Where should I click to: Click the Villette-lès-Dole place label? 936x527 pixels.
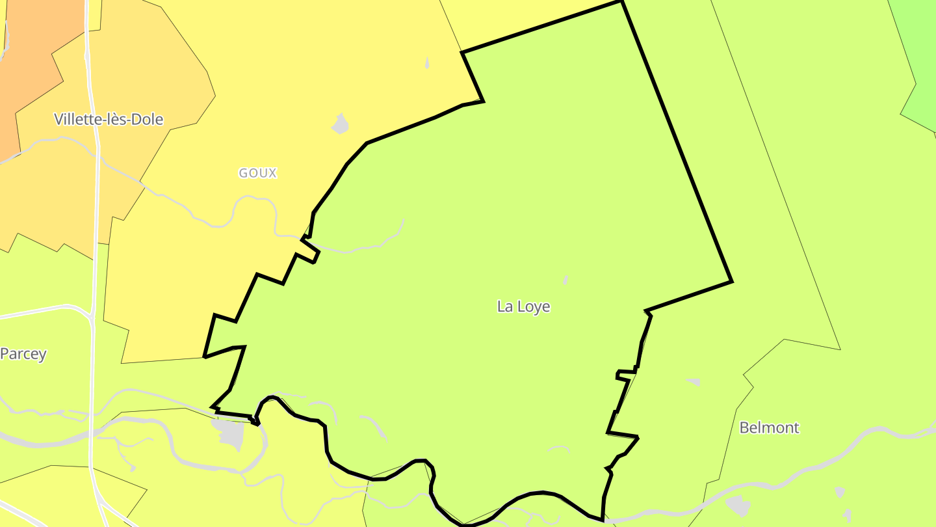tap(109, 119)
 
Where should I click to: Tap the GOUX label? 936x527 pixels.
tap(258, 173)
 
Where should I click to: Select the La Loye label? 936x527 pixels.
tap(523, 306)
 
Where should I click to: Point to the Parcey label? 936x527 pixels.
tap(23, 354)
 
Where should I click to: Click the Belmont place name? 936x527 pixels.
tap(769, 428)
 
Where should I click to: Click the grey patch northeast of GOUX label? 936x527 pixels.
tap(340, 124)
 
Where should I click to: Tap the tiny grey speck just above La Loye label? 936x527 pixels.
tap(565, 280)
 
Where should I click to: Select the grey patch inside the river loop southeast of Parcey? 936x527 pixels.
tap(229, 433)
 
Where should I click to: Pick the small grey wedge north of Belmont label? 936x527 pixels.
tap(694, 382)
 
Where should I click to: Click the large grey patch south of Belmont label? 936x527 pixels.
tap(738, 505)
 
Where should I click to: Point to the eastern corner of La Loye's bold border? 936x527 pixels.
tap(732, 282)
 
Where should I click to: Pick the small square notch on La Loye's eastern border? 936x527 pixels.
tap(625, 373)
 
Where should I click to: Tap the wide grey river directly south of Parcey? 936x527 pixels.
tap(39, 442)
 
